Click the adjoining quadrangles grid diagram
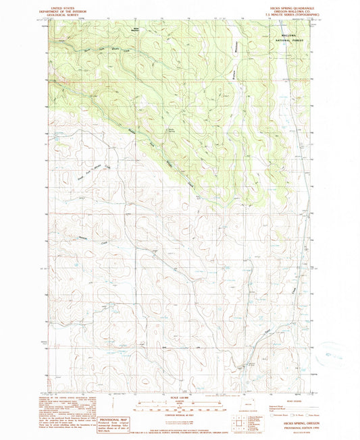[241, 424]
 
